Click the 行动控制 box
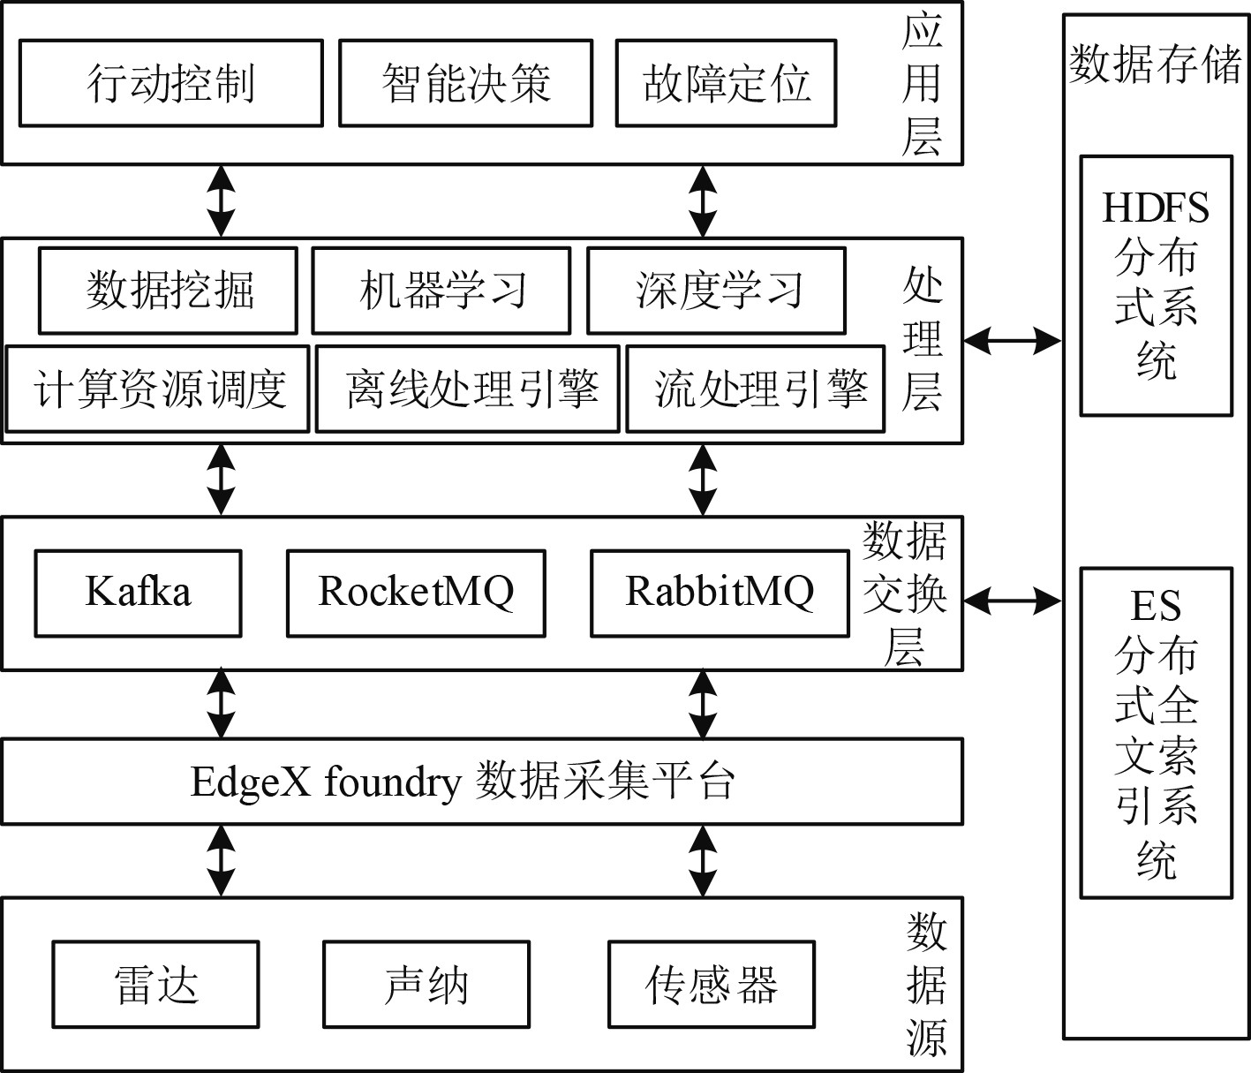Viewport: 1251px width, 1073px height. point(170,83)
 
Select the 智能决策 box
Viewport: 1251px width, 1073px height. point(465,83)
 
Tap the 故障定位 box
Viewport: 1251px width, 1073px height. point(726,83)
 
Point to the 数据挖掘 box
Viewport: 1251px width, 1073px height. point(168,291)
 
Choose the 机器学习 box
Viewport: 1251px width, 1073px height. point(441,291)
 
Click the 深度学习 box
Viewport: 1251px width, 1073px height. point(716,291)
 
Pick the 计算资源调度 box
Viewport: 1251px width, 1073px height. point(158,389)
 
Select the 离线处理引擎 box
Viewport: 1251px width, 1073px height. point(468,389)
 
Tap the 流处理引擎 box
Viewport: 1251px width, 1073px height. point(756,389)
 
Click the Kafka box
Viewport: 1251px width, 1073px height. point(138,593)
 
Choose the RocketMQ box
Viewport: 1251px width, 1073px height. point(416,593)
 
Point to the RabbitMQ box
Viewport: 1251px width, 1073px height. point(720,593)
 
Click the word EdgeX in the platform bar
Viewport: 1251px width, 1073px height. point(250,782)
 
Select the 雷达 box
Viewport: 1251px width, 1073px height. point(155,984)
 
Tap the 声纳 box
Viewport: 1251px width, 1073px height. point(426,984)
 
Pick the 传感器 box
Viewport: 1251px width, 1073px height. point(712,984)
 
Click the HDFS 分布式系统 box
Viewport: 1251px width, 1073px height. point(1156,285)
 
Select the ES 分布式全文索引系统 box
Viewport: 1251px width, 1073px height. point(1156,732)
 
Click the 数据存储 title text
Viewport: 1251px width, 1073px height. point(1155,64)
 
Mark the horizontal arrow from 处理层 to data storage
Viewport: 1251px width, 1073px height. point(1012,340)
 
